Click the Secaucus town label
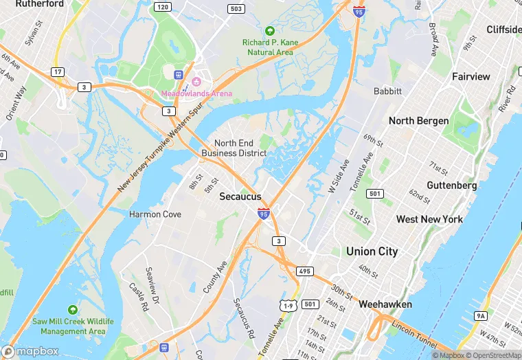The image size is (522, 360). pyautogui.click(x=240, y=196)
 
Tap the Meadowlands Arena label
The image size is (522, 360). pyautogui.click(x=196, y=93)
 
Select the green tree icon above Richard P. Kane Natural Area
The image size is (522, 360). pyautogui.click(x=270, y=31)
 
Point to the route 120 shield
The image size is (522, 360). pyautogui.click(x=162, y=7)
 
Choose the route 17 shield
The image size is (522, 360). pyautogui.click(x=58, y=71)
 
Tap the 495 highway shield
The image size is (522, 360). pyautogui.click(x=305, y=271)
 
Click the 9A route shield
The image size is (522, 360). pyautogui.click(x=481, y=315)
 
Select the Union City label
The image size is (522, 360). pyautogui.click(x=372, y=251)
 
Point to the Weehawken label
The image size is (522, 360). pyautogui.click(x=385, y=304)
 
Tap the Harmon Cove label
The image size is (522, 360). pyautogui.click(x=155, y=214)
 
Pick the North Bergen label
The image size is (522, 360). pyautogui.click(x=418, y=121)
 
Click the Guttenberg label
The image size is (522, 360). pyautogui.click(x=451, y=185)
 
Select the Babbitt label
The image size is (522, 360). pyautogui.click(x=387, y=91)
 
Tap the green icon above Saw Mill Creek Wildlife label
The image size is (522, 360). pyautogui.click(x=73, y=311)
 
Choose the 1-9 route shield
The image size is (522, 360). pyautogui.click(x=288, y=304)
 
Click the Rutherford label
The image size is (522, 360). pyautogui.click(x=39, y=4)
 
